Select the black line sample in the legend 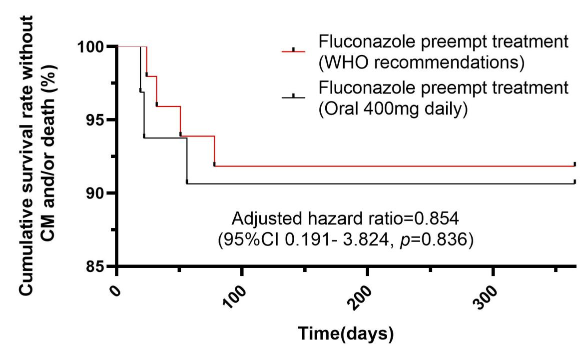(294, 97)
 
